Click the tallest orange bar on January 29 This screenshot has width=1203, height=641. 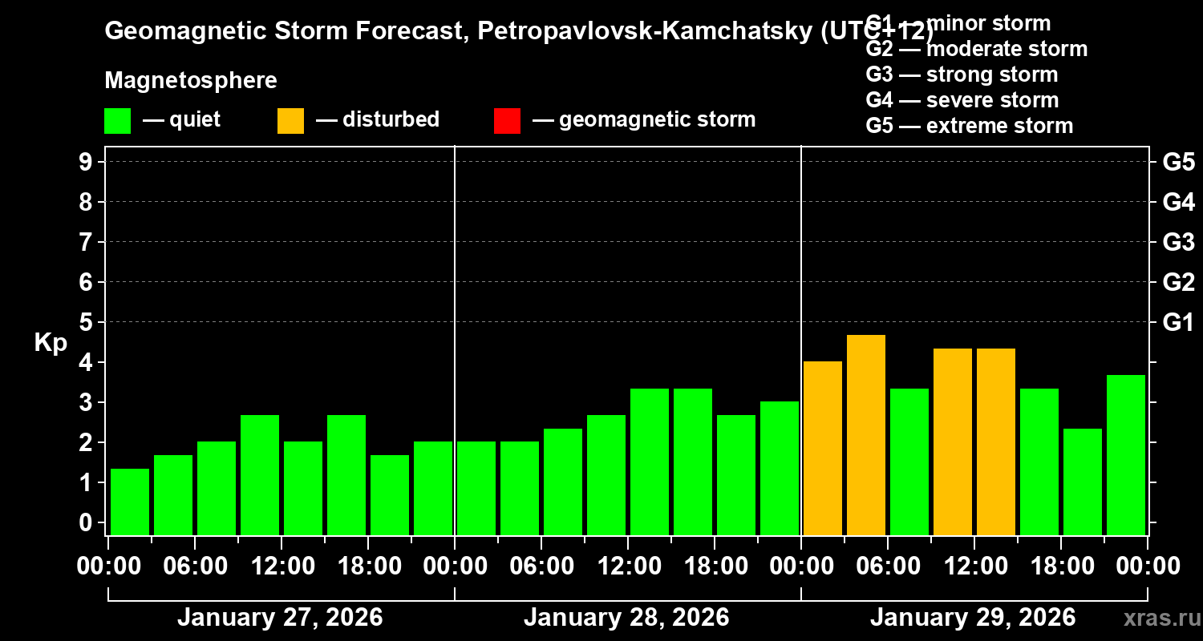[866, 434]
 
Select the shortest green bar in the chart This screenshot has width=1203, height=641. [130, 502]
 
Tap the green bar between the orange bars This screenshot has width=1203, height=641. [909, 462]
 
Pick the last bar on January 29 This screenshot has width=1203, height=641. [1126, 454]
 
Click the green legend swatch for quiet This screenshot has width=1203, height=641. [118, 121]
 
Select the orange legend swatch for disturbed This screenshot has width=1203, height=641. [291, 121]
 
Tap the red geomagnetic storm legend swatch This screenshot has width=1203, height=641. [508, 121]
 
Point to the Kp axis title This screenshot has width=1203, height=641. [51, 342]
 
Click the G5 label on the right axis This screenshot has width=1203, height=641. [1178, 163]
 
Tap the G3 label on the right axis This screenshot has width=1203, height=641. [1178, 243]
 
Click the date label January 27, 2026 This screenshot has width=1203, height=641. [280, 618]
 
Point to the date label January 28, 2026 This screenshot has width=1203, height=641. [626, 618]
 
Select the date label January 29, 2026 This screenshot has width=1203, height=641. [973, 618]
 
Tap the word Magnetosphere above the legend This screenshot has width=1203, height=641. [191, 81]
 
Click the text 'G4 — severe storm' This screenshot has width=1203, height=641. [962, 100]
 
